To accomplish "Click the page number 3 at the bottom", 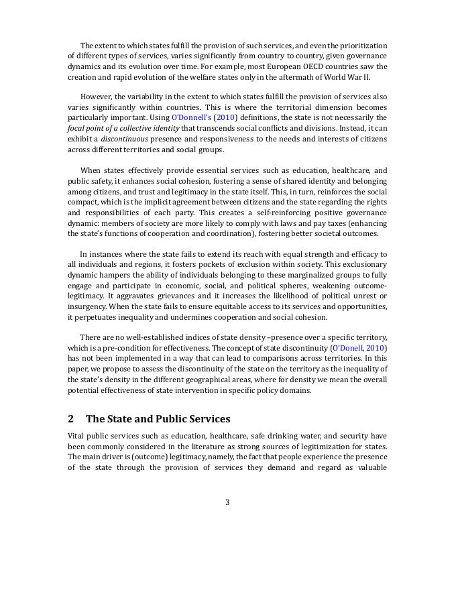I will click(x=227, y=502).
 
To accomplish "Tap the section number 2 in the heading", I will click(x=71, y=419).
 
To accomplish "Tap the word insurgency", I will click(x=87, y=306).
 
